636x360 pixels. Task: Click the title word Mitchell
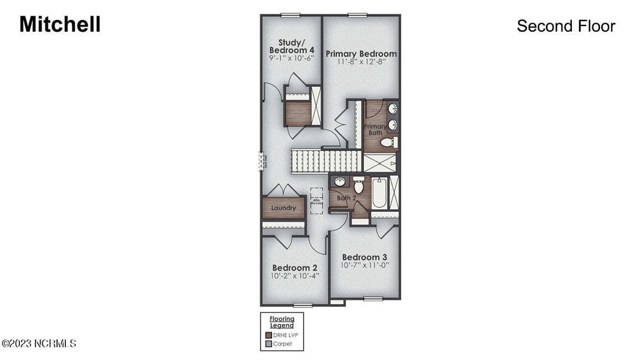point(60,25)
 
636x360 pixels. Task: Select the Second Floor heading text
point(566,26)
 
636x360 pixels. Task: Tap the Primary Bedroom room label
point(361,54)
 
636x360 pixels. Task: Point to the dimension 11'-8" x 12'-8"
point(361,62)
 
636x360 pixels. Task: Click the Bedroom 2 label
point(295,268)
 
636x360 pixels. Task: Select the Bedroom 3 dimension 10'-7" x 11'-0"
point(365,265)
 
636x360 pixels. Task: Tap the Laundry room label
point(283,208)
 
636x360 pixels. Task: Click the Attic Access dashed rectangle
point(317,201)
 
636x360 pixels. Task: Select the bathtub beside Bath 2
point(379,193)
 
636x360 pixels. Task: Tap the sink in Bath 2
point(339,182)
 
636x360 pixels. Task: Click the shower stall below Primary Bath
point(380,163)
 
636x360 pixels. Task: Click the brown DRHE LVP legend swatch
point(268,335)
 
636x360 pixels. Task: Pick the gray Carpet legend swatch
point(268,343)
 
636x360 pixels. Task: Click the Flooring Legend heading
point(281,322)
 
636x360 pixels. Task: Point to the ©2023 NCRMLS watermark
point(39,343)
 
